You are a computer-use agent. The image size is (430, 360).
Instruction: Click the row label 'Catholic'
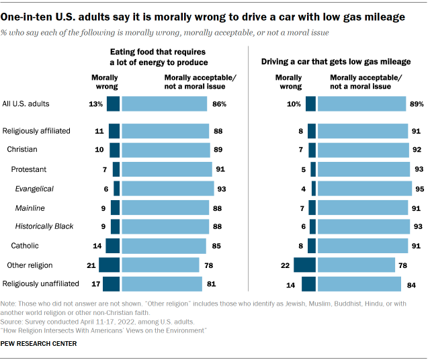point(27,246)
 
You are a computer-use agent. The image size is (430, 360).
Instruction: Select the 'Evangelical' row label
point(34,189)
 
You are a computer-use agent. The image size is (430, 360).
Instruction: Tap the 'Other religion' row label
point(30,265)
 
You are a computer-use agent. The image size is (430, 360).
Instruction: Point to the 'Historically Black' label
point(44,227)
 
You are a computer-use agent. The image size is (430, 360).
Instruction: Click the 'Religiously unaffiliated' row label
point(41,284)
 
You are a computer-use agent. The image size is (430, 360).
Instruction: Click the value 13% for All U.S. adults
point(95,104)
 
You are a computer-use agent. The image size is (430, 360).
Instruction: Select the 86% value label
point(220,104)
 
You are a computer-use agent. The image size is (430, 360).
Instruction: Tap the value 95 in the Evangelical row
point(419,189)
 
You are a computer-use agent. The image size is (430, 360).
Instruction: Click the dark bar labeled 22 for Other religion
point(305,265)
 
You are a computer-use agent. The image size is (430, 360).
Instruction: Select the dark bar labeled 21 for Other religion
point(110,265)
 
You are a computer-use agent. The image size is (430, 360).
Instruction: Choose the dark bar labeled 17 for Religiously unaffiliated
point(112,284)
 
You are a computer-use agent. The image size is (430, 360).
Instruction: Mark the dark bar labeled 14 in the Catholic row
point(113,246)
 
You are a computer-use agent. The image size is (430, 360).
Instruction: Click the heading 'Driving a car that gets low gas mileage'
point(336,62)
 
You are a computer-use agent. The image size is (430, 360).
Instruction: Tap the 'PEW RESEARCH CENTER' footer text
point(39,343)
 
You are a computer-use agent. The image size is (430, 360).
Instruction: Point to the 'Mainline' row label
point(30,208)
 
